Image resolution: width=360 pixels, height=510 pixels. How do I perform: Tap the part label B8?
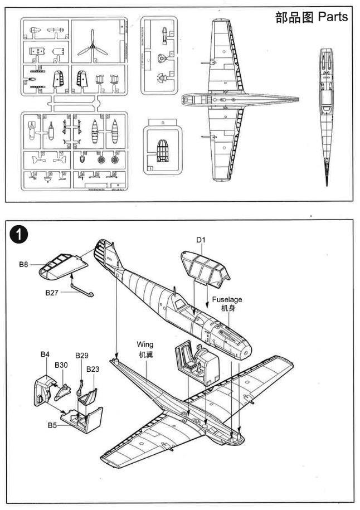[23, 265]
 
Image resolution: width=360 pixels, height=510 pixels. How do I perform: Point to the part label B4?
[45, 354]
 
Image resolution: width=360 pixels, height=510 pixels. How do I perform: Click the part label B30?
[61, 365]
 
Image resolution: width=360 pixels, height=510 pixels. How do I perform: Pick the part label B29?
[82, 356]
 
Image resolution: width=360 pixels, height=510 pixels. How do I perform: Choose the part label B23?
[93, 368]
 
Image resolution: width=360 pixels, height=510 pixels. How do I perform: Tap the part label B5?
[52, 425]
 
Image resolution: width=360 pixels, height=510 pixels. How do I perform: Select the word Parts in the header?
[333, 17]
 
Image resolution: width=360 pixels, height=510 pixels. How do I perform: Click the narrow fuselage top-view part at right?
[326, 111]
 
